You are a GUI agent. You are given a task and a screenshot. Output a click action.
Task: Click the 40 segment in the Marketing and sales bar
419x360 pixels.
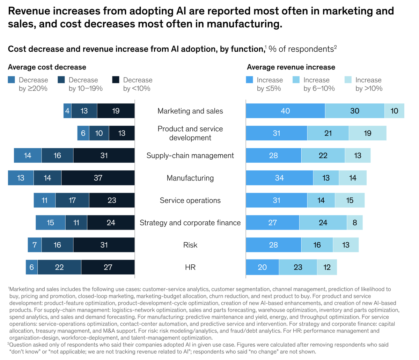[x=285, y=111]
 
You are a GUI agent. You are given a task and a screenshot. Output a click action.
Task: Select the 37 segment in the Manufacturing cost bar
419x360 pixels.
[x=98, y=178]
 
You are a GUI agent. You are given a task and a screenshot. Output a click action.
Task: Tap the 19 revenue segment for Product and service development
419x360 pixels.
[x=367, y=133]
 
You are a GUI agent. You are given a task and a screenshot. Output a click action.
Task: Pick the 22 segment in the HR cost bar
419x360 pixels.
[x=59, y=267]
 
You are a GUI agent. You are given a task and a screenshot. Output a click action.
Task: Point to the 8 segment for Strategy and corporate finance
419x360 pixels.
[x=355, y=223]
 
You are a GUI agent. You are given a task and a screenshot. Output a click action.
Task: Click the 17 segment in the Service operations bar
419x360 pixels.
[x=72, y=200]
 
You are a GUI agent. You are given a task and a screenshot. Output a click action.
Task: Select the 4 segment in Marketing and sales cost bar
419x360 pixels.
[x=67, y=111]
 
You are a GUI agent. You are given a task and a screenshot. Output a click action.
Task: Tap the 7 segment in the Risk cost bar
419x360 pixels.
[x=35, y=245]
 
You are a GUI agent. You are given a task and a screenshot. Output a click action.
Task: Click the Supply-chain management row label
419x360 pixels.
[x=190, y=156]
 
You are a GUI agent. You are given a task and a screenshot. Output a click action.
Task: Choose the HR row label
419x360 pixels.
[x=190, y=267]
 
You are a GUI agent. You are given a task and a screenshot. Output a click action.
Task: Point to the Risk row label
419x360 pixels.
[x=190, y=245]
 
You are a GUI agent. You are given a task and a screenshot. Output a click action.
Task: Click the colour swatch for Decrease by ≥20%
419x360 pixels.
[x=12, y=80]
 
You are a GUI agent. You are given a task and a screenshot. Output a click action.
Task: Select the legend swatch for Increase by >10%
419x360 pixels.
[x=348, y=80]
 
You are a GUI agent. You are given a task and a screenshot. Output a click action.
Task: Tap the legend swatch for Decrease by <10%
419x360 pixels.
[x=116, y=80]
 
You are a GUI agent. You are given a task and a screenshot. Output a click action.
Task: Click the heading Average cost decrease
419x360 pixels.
[x=47, y=67]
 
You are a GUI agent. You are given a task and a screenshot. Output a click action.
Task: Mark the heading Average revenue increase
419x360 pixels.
[x=291, y=67]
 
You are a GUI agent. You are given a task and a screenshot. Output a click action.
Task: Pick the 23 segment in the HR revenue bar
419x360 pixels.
[x=298, y=267]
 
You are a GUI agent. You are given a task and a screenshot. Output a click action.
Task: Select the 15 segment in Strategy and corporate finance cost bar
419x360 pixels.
[x=50, y=223]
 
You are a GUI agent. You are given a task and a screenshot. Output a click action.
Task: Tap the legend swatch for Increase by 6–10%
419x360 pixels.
[x=296, y=80]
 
